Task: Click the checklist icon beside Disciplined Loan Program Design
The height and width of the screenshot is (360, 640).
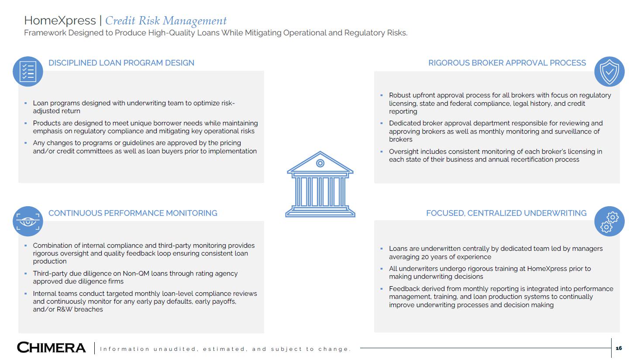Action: click(28, 71)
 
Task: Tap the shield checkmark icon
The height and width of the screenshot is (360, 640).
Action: click(609, 71)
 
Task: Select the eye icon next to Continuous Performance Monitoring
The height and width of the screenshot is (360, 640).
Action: click(28, 221)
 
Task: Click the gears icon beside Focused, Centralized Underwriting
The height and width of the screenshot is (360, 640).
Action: click(609, 221)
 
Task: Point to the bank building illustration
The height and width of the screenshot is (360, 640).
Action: click(320, 184)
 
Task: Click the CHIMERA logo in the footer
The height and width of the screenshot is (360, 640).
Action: click(51, 348)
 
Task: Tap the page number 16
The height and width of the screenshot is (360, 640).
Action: click(619, 348)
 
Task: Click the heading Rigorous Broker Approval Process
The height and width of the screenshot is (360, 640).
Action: click(507, 63)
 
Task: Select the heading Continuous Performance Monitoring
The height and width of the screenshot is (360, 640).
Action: click(133, 213)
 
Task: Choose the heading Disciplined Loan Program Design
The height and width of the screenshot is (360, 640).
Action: click(121, 63)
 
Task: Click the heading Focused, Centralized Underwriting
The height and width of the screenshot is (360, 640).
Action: click(506, 213)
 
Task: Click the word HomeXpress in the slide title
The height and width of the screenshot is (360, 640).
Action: click(60, 21)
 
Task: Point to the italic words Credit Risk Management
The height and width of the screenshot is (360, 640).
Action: click(166, 21)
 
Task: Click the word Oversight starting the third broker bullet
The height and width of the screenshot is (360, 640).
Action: click(405, 152)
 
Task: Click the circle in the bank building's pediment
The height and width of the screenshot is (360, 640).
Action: click(320, 163)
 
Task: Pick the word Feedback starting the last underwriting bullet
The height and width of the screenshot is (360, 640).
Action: click(405, 289)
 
